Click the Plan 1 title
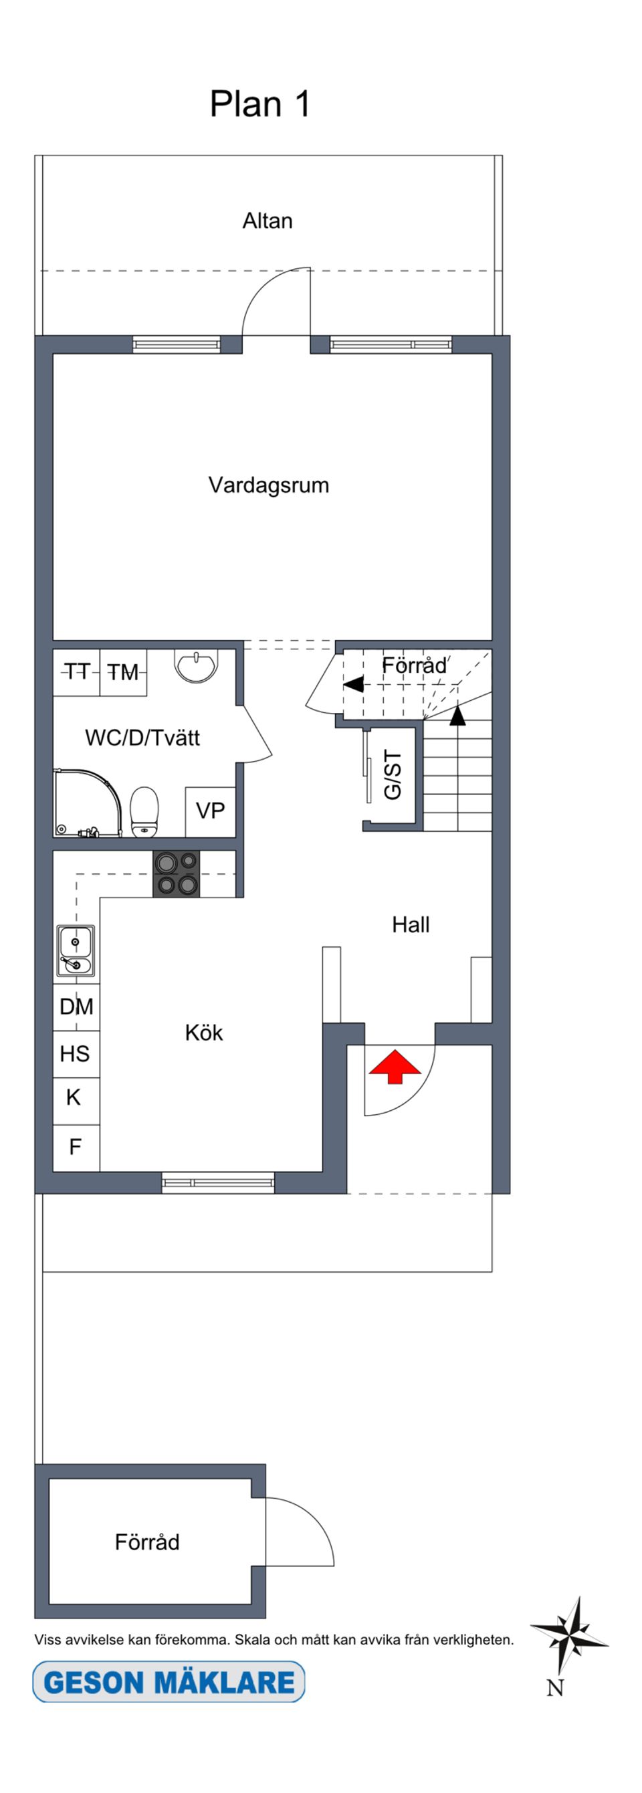click(259, 104)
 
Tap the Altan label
click(267, 221)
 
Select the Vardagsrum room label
click(269, 485)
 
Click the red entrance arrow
click(395, 1066)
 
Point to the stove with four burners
click(176, 873)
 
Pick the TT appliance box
click(77, 671)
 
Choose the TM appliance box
click(123, 671)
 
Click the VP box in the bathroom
click(210, 811)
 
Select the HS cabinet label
click(75, 1054)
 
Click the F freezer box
click(76, 1146)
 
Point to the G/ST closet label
click(393, 775)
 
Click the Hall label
click(411, 924)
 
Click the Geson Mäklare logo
click(169, 1683)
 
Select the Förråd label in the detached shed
click(147, 1542)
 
